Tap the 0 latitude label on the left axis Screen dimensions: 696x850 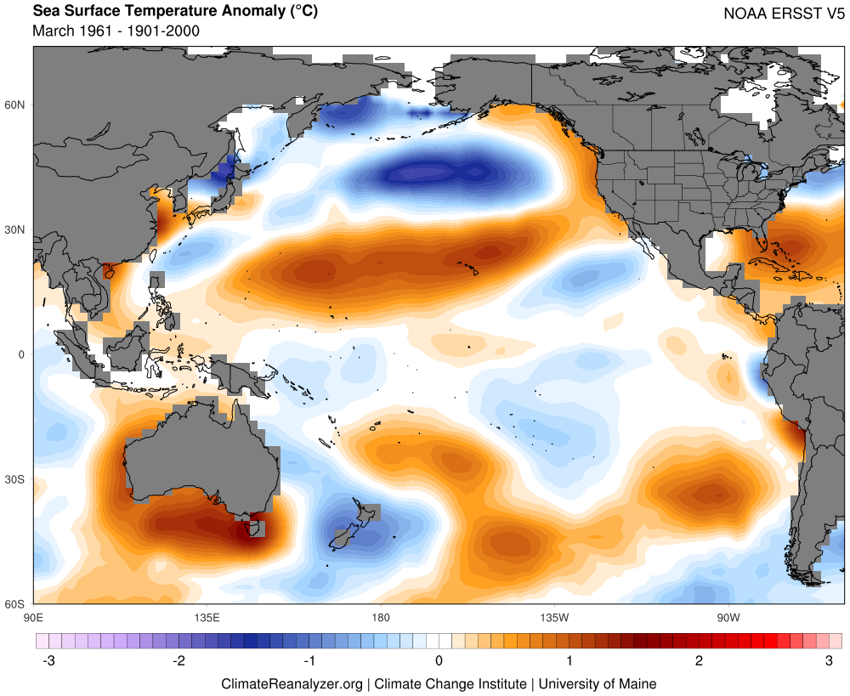tap(23, 354)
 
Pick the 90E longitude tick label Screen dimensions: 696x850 tap(33, 616)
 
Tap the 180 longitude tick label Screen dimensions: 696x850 tap(380, 616)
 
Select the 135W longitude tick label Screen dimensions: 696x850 tap(553, 616)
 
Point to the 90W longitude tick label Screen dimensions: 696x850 tap(727, 616)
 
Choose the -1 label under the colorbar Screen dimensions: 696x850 tap(308, 660)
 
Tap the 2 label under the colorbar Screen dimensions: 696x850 tap(699, 660)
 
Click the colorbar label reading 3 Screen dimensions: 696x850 tap(829, 660)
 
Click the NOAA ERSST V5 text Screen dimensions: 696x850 tap(783, 14)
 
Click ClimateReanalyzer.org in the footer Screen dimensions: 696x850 tap(292, 683)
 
